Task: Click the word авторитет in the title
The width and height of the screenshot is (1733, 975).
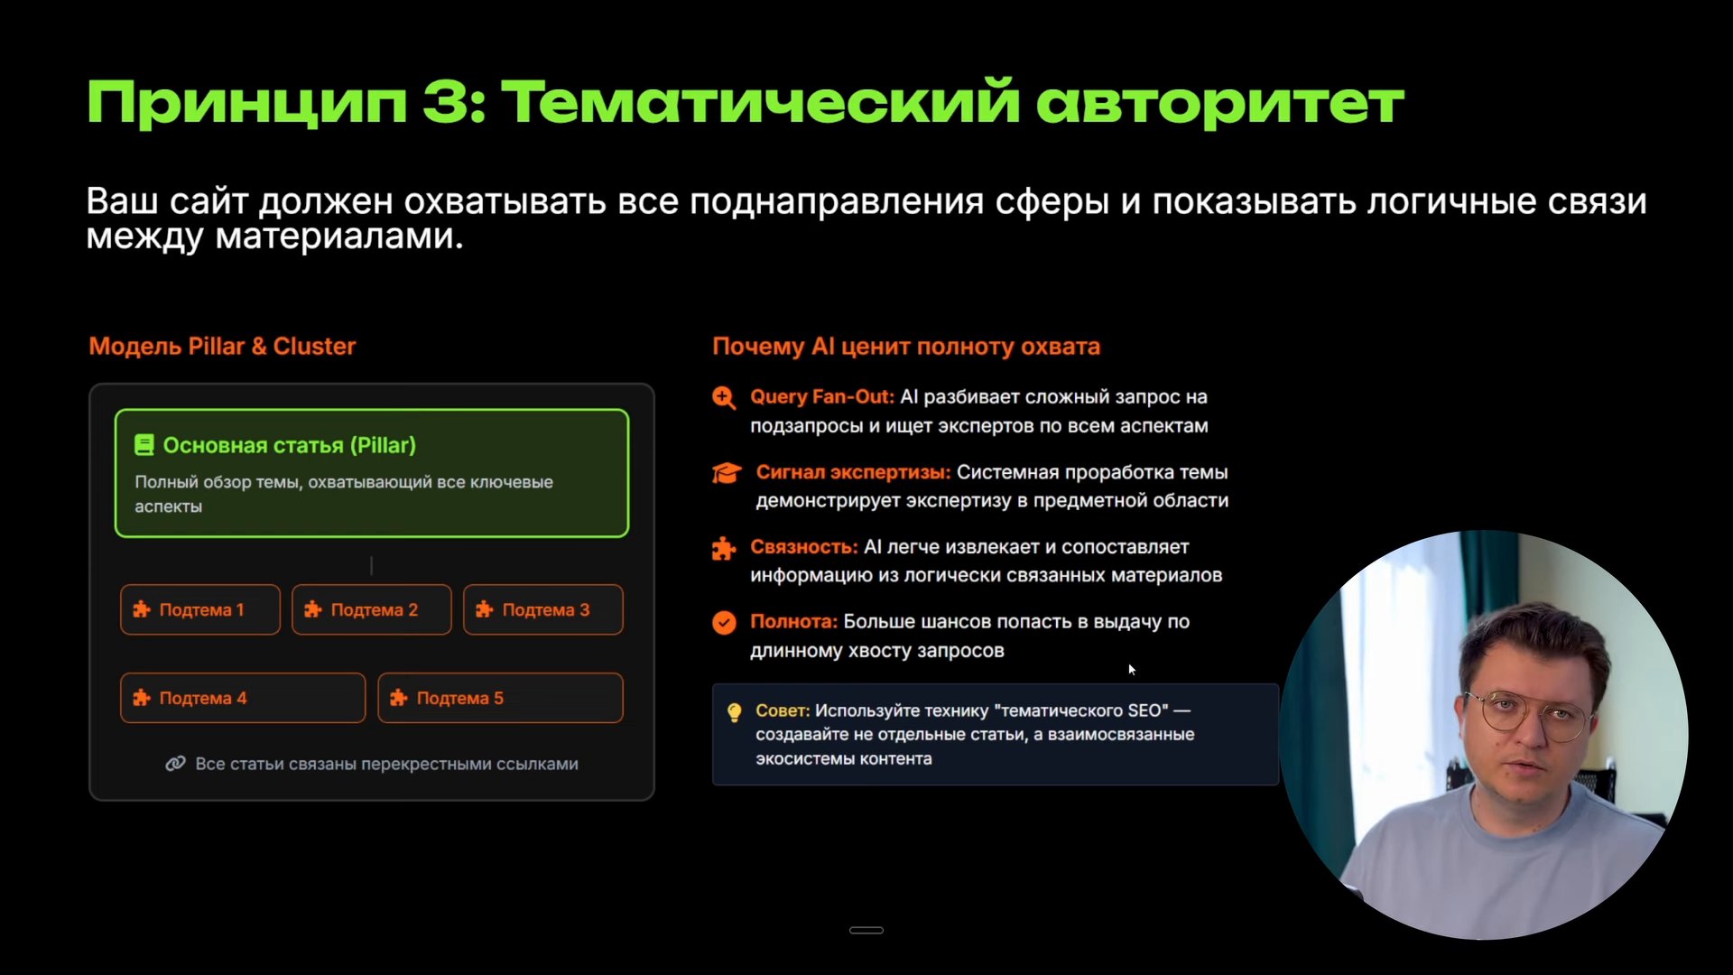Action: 1219,102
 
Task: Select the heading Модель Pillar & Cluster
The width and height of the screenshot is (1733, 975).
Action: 222,347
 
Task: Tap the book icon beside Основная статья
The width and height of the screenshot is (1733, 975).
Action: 144,445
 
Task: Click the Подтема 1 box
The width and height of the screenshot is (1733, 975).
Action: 200,610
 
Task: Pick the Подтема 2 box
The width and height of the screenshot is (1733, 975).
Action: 371,610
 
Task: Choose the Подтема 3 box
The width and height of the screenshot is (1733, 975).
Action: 542,610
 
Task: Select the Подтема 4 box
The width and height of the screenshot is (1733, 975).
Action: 242,698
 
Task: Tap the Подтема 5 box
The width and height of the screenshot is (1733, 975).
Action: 500,698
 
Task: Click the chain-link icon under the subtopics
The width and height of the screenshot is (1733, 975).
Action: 175,765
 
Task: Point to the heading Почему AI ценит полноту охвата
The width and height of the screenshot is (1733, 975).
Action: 906,347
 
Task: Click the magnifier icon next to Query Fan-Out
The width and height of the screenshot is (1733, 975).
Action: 724,398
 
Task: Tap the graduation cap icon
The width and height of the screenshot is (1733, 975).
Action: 727,473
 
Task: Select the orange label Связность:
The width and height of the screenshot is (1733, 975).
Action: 803,547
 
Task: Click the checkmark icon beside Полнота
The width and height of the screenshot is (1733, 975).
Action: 724,623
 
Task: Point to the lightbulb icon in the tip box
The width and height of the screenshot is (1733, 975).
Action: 735,712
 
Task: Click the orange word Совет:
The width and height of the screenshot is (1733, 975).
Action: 783,711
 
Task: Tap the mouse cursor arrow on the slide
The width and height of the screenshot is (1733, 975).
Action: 1131,669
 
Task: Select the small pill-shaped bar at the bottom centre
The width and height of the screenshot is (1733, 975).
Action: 866,930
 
